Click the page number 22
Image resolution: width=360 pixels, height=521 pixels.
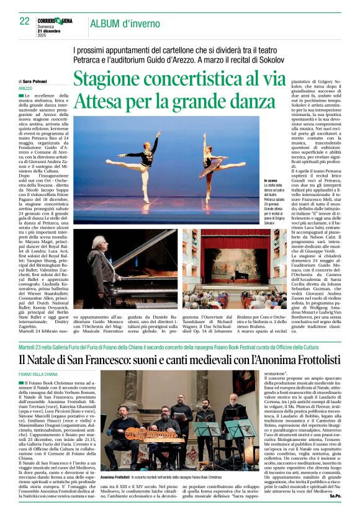[x=24, y=21]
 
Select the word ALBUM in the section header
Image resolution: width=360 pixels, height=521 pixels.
[x=108, y=24]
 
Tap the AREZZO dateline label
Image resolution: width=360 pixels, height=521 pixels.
[x=26, y=89]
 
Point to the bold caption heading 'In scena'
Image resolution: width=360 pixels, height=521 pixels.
[x=271, y=180]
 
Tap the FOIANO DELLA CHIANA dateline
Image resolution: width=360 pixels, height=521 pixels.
[x=42, y=375]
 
